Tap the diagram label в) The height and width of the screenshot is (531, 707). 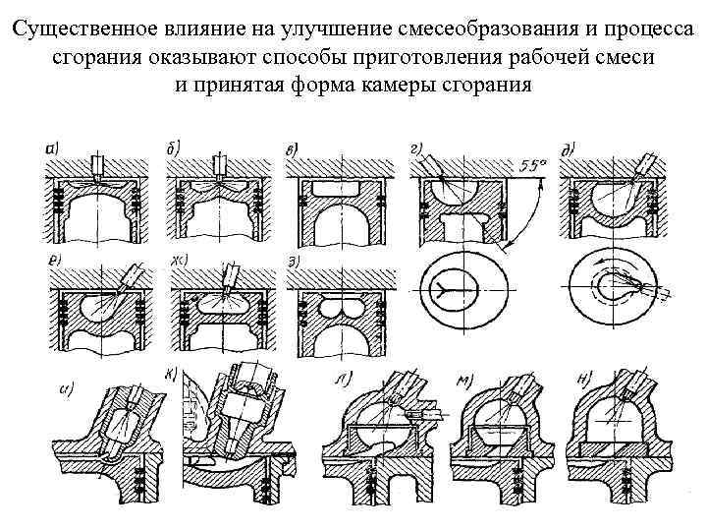292,149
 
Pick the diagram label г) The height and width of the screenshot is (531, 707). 416,149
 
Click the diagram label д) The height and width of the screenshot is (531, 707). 568,149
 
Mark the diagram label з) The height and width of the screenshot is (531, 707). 293,260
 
